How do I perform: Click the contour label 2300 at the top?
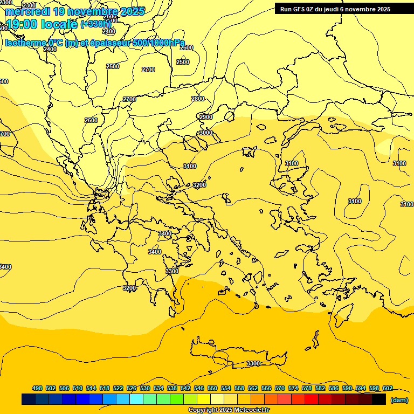tap(30, 5)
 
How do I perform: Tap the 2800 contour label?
tap(198, 99)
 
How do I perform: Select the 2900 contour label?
tap(206, 117)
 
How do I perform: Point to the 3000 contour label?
tap(206, 133)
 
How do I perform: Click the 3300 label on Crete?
tap(253, 363)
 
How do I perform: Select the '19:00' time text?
tap(20, 24)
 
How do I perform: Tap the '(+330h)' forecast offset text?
tap(95, 24)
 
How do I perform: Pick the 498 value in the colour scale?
tap(37, 388)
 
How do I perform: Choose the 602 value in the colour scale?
tap(387, 388)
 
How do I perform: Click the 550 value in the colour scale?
tap(212, 388)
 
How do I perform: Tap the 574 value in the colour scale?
tap(293, 388)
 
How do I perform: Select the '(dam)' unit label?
tap(399, 399)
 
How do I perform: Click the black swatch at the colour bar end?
tap(379, 399)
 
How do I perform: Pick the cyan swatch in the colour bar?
tap(136, 399)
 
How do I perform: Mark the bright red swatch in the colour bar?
tap(312, 399)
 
